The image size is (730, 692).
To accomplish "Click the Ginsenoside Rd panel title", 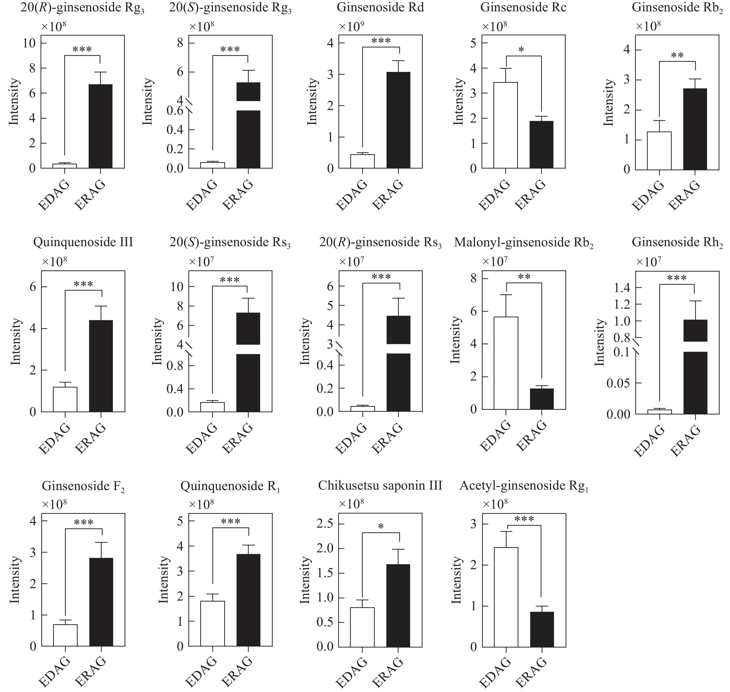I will tap(380, 8).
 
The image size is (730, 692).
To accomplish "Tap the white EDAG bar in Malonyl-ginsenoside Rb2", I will tap(506, 363).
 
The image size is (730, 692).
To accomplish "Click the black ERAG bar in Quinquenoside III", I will tap(101, 366).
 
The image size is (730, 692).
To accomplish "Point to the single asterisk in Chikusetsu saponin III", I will tap(381, 527).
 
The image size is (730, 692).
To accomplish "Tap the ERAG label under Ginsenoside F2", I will tap(90, 673).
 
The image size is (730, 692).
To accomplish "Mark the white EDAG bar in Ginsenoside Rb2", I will tap(659, 151).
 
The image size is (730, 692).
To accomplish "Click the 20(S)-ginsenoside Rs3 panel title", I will tap(230, 243).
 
